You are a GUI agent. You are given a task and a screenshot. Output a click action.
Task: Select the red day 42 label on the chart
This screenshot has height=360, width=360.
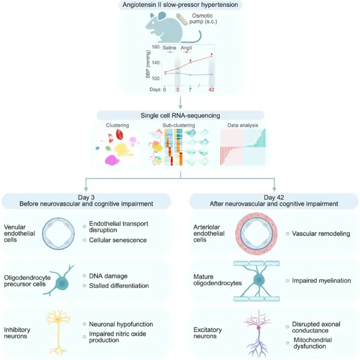(x=211, y=89)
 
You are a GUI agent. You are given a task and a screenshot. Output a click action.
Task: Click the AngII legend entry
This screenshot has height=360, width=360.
(x=187, y=48)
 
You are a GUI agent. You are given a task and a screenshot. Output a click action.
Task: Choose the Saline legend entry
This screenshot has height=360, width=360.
(x=169, y=48)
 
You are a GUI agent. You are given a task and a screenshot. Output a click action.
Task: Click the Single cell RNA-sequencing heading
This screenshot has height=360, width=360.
(x=180, y=115)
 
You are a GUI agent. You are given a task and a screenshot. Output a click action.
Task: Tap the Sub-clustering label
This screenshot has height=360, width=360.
(x=179, y=125)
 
